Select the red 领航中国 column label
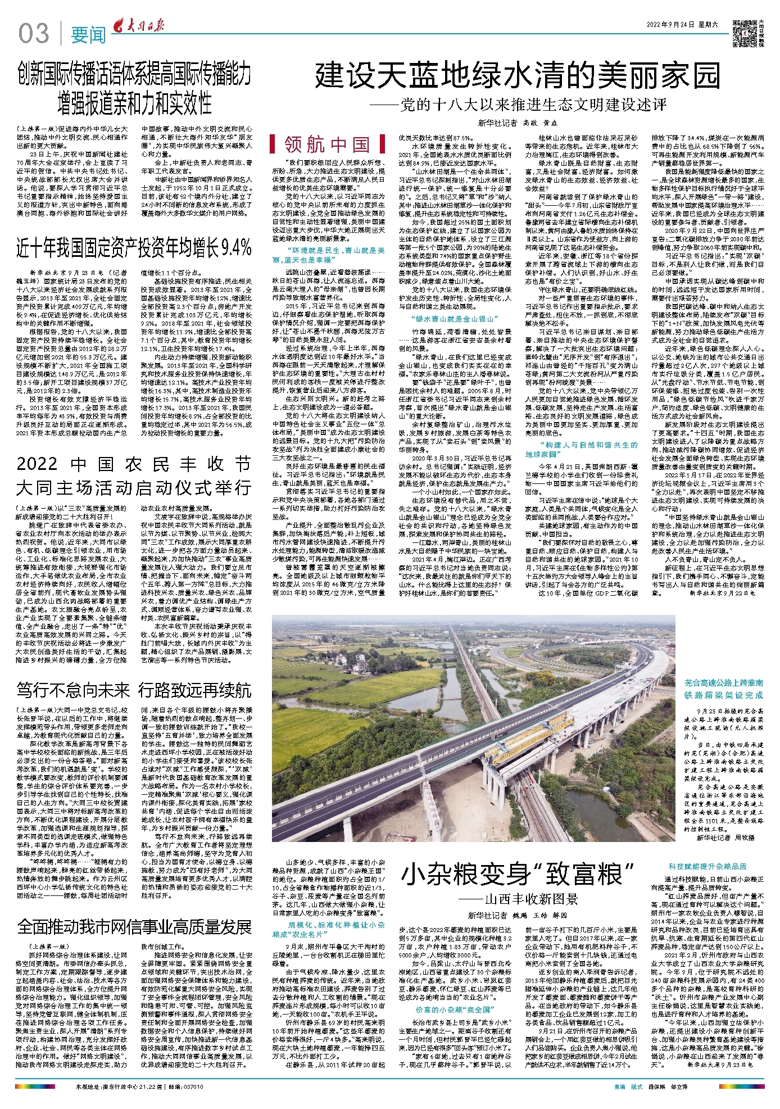326,144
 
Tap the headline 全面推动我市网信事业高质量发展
134,926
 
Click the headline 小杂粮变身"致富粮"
517,875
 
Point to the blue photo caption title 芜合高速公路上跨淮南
723,683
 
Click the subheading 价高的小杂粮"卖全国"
453,1009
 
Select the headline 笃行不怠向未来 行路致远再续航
134,690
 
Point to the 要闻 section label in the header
88,35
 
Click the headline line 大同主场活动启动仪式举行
134,487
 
